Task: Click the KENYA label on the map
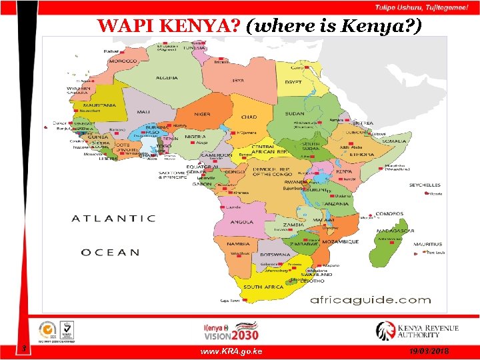[344, 171]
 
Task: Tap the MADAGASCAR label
[395, 231]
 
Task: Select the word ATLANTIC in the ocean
[113, 218]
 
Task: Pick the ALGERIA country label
[167, 78]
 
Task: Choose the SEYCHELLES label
[425, 185]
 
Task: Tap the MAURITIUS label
[427, 244]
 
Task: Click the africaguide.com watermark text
[370, 299]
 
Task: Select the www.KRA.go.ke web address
[231, 351]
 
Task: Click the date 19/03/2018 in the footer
[430, 351]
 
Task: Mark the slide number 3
[23, 348]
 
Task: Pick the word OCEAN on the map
[111, 252]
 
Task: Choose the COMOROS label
[389, 213]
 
